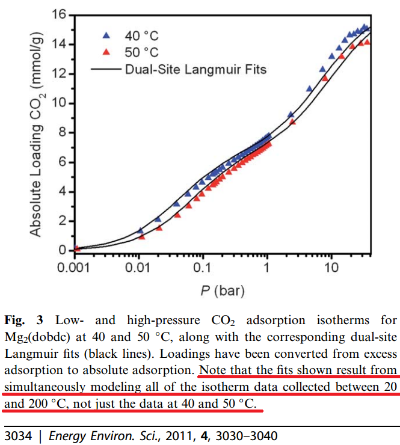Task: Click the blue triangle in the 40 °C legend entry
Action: [106, 35]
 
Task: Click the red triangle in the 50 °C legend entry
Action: [106, 52]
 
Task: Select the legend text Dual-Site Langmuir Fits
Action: [195, 69]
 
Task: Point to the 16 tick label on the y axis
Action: [58, 14]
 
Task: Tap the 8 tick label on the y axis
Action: [61, 133]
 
